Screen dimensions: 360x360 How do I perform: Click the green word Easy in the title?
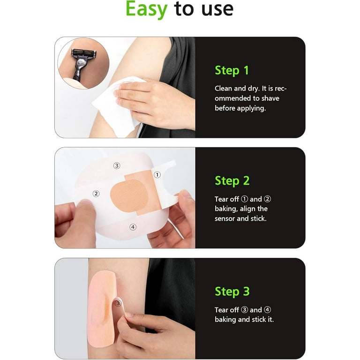(x=146, y=9)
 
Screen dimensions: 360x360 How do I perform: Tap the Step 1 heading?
(x=232, y=70)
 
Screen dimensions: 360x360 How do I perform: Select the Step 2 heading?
(x=232, y=181)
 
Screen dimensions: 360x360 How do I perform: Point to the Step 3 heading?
(x=232, y=292)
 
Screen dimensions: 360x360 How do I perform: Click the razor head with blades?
(x=83, y=53)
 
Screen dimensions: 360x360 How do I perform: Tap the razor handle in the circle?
(x=79, y=69)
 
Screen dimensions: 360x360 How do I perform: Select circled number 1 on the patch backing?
(x=157, y=175)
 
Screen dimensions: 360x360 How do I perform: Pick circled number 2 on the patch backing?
(x=96, y=194)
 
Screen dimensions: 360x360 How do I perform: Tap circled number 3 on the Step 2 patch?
(x=117, y=165)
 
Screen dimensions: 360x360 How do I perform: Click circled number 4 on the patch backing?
(x=133, y=227)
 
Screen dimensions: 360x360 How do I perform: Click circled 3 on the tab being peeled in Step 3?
(x=118, y=303)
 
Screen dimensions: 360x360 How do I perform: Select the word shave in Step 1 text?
(x=270, y=98)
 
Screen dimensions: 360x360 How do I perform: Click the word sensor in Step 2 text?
(x=225, y=218)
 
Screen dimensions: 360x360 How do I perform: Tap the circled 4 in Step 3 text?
(x=268, y=310)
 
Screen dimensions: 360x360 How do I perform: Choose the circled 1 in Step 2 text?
(x=245, y=199)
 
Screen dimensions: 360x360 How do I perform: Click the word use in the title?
(x=217, y=9)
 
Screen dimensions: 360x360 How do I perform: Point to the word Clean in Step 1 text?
(x=223, y=89)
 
